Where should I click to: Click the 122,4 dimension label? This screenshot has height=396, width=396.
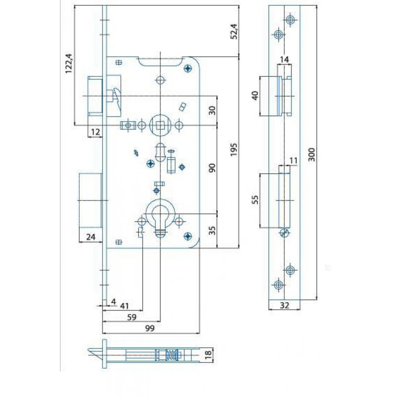click(69, 64)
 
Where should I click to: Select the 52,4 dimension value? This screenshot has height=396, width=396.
click(234, 31)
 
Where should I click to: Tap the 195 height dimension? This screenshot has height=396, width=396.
click(234, 149)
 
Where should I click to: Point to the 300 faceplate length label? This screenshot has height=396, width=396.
click(312, 154)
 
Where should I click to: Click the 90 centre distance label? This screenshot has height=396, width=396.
click(212, 168)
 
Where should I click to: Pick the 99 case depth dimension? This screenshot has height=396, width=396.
click(150, 328)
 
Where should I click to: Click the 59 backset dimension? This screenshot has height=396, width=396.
click(132, 317)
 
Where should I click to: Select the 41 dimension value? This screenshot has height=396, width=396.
click(124, 306)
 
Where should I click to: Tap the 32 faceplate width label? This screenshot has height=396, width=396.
click(284, 305)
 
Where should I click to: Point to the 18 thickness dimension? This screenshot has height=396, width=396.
click(208, 355)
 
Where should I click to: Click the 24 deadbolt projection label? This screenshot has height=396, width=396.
click(91, 237)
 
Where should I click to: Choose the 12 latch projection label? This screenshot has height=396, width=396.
click(96, 132)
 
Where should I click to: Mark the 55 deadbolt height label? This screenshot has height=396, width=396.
click(255, 200)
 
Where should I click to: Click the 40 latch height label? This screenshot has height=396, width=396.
click(255, 96)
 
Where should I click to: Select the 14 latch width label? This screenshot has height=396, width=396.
click(284, 59)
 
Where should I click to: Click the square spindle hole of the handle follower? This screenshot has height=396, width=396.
click(160, 125)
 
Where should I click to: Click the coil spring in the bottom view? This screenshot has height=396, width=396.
click(172, 355)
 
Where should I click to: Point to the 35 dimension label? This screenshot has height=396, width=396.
click(212, 231)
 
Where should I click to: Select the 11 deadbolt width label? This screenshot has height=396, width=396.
click(294, 160)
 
